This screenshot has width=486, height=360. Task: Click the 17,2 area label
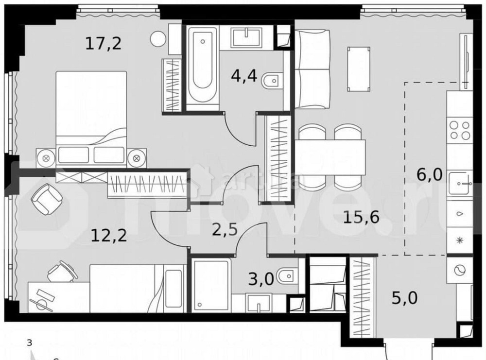103,44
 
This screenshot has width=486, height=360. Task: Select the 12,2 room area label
109,236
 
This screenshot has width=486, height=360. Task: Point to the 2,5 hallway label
225,228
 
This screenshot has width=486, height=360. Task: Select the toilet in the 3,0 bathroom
286,277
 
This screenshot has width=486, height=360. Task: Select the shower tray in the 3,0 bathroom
210,284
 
